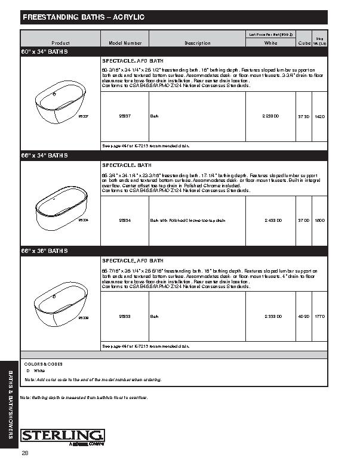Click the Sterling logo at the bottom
pos(62,436)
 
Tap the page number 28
pos(24,454)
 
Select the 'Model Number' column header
pos(125,43)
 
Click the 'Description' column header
pos(197,43)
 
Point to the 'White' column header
pos(270,43)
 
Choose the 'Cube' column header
pos(304,44)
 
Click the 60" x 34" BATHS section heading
pos(45,52)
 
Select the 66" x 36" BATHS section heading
pos(45,251)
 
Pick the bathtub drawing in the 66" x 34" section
pos(59,209)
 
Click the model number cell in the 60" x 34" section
pos(125,116)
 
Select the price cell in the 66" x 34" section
pos(270,220)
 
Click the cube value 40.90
pos(304,316)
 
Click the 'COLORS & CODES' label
pos(43,364)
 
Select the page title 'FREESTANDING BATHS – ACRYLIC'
pos(83,18)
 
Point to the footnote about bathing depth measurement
pos(83,397)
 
